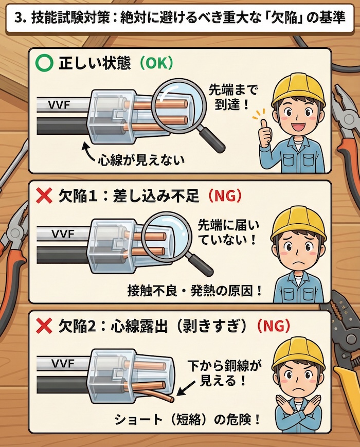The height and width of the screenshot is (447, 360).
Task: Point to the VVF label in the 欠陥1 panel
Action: pyautogui.click(x=64, y=233)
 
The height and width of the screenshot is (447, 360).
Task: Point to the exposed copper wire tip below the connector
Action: pyautogui.click(x=168, y=399)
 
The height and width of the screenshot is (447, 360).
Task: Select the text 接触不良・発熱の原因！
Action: pyautogui.click(x=195, y=291)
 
